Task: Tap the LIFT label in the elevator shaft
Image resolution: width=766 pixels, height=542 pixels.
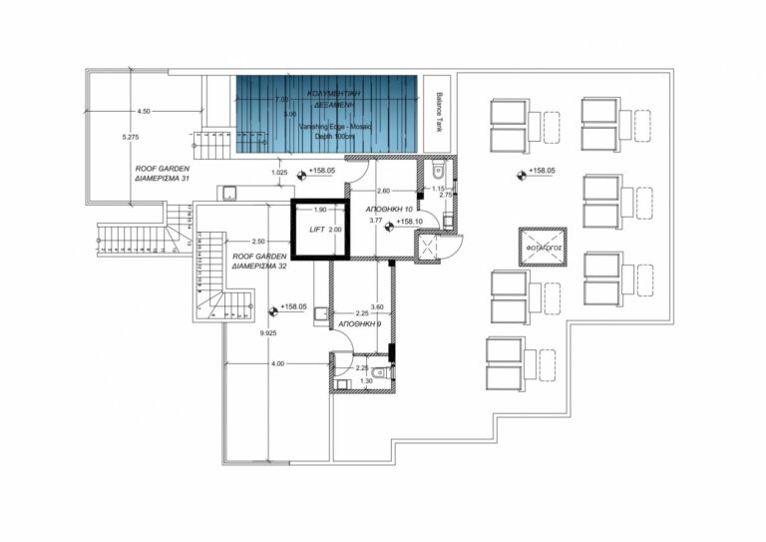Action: tap(318, 230)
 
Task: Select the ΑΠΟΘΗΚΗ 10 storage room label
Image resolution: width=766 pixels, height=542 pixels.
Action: tap(363, 208)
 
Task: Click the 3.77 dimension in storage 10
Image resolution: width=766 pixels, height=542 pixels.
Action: tap(376, 220)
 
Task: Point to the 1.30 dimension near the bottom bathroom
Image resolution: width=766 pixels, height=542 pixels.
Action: tap(367, 381)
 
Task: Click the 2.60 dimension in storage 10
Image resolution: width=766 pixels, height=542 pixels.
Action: tap(383, 191)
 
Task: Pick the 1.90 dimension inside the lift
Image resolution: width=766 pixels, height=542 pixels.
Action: tap(320, 211)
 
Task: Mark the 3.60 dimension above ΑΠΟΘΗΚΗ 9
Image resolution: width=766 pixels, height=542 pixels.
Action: tap(376, 306)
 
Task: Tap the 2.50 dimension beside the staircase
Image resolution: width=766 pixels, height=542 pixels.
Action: tap(257, 241)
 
